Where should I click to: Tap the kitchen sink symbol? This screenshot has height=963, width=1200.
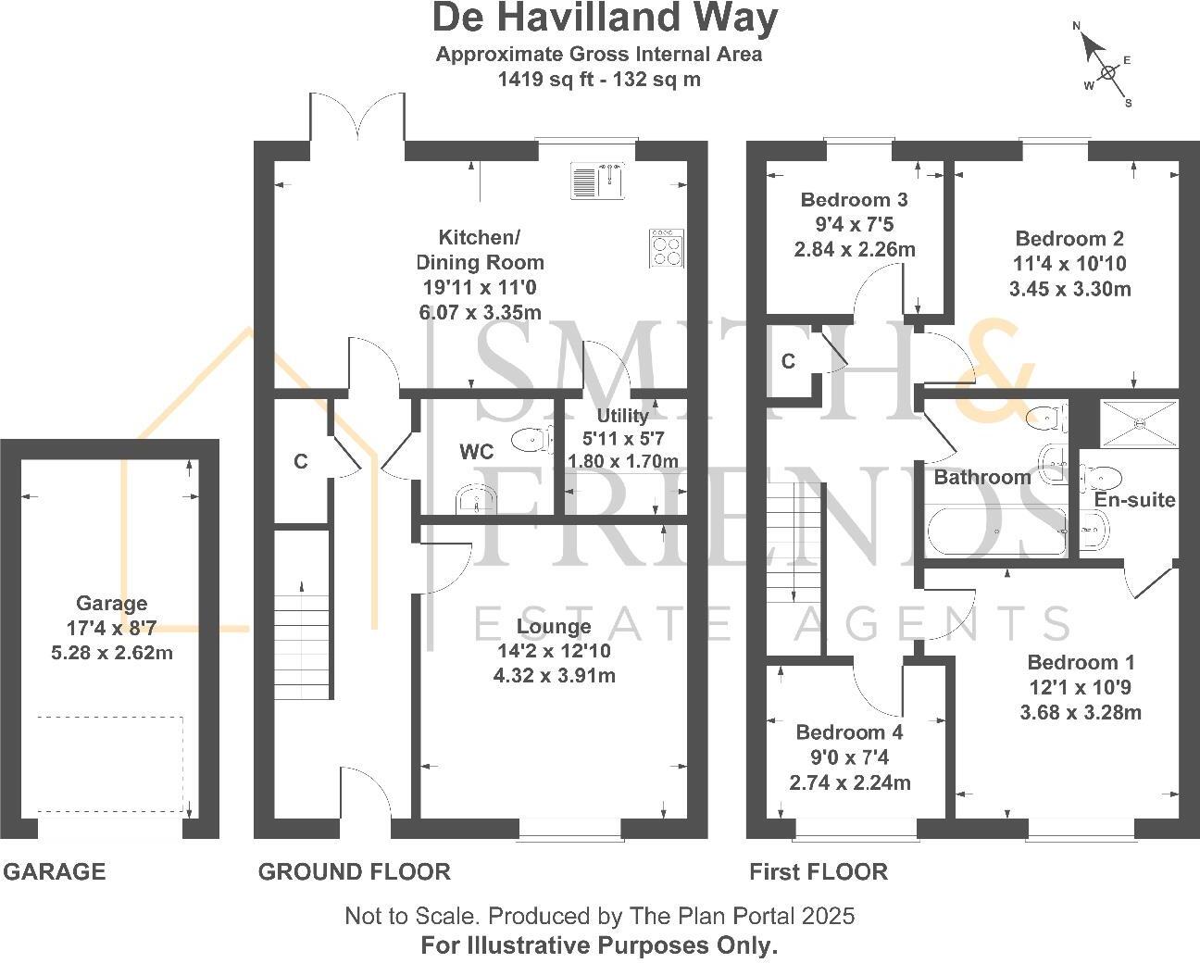pos(597,181)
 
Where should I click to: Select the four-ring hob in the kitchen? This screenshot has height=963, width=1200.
pos(667,248)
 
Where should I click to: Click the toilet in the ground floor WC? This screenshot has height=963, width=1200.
pos(529,439)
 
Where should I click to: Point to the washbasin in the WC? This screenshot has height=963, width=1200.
pos(476,501)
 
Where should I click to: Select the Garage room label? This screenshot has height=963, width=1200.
pos(112,604)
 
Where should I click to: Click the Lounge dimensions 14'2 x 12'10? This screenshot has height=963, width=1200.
pos(554,651)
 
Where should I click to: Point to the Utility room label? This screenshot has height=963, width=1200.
pos(622,416)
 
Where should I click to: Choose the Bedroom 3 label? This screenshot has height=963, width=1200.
pos(854,200)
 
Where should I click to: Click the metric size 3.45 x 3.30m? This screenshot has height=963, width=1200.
pos(1069,289)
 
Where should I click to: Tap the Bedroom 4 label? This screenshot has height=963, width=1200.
pos(849,732)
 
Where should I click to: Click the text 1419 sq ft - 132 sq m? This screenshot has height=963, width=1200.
pos(599,80)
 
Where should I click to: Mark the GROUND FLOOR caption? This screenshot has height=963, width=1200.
pos(354,871)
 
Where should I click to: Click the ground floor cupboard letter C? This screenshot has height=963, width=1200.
pos(300,461)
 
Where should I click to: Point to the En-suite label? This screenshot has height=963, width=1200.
pos(1134,500)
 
